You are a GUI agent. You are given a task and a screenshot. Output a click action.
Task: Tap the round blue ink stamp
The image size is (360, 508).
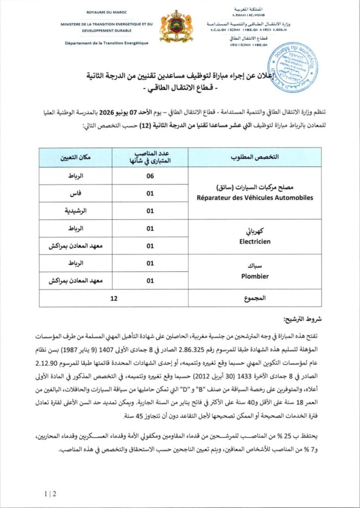point(292,67)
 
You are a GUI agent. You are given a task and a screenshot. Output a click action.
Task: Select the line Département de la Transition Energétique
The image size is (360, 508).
point(106,43)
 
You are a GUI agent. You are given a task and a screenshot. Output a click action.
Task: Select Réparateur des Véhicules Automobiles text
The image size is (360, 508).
point(255,197)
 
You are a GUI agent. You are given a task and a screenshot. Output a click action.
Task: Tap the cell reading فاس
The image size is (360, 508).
point(76,193)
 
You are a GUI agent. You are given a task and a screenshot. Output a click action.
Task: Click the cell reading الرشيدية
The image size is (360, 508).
point(76,211)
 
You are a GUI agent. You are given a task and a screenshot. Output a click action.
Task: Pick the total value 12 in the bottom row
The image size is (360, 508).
point(114,299)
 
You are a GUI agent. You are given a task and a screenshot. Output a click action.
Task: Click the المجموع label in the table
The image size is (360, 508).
point(255,299)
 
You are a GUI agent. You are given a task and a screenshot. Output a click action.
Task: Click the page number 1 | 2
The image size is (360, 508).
point(50,494)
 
